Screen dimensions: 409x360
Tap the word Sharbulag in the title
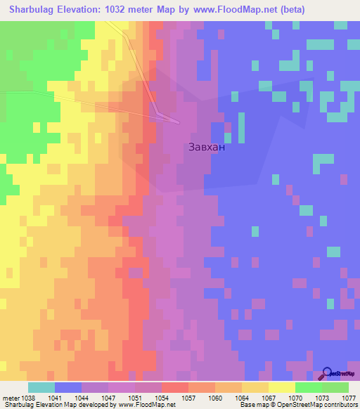pos(35,10)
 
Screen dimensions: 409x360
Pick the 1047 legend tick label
pos(108,397)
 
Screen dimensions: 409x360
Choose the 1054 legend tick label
pos(161,397)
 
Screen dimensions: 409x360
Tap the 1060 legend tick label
pos(214,397)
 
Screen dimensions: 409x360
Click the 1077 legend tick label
pos(348,397)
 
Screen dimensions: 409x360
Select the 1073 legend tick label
pos(322,397)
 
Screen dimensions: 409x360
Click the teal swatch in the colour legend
pos(41,387)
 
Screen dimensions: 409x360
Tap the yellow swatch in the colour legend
pos(282,387)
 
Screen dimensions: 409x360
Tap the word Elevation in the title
pos(88,10)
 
